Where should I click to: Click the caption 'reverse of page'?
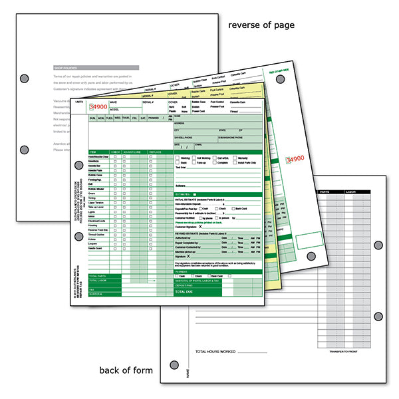(261, 25)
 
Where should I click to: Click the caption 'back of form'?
(125, 370)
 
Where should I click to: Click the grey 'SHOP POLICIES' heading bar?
(96, 67)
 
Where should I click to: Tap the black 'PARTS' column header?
(325, 192)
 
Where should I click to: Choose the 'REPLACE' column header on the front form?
(154, 152)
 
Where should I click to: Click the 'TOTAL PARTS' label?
(98, 276)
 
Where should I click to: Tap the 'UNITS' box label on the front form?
(80, 102)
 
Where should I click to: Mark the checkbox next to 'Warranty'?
(234, 158)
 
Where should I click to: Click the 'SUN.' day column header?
(93, 117)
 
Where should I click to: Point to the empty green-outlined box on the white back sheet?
(308, 241)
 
